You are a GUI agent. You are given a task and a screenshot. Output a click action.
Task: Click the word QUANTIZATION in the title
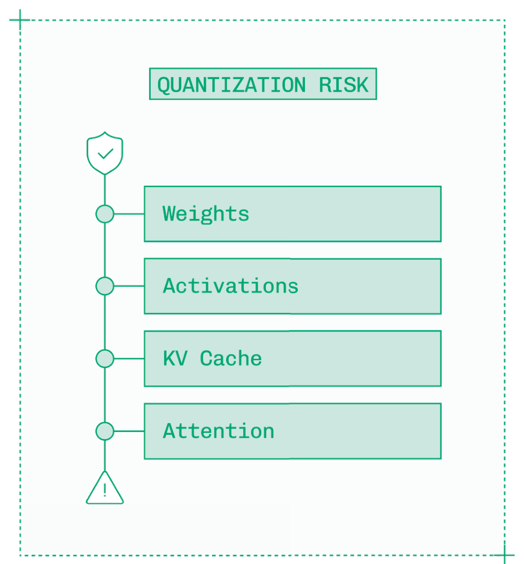coord(231,85)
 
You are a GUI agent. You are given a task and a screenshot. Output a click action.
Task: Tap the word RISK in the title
coord(343,85)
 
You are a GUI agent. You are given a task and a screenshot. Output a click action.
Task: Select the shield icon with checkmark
coord(105,153)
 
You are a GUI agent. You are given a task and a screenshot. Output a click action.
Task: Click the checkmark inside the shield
coord(106,154)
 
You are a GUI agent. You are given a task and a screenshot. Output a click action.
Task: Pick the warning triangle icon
coord(105,488)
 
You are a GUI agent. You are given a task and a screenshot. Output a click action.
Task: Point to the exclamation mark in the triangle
coord(105,490)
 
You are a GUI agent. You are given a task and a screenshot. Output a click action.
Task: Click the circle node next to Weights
coord(105,214)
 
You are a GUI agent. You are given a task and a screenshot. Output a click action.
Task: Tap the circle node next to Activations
coord(105,286)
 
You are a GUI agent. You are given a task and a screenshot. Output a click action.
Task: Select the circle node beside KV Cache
coord(105,358)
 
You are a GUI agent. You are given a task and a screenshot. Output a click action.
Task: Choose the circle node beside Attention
coord(105,431)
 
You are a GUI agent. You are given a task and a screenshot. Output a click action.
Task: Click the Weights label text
coord(206,214)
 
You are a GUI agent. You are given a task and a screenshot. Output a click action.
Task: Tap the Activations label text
coord(231,286)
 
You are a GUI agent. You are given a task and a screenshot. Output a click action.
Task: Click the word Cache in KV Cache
coord(231,358)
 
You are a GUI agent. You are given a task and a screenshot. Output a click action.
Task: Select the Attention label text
coord(218,431)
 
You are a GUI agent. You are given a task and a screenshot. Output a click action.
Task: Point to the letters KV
coord(175,358)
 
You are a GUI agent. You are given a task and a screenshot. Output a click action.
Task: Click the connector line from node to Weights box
coord(129,214)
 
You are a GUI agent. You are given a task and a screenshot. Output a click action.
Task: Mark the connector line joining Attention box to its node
coord(129,431)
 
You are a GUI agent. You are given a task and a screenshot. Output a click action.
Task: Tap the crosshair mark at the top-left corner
coord(20,20)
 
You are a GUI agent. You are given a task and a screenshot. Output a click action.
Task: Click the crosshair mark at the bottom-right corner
coord(505,556)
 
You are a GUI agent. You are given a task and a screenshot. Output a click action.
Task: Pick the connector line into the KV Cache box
coord(129,358)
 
